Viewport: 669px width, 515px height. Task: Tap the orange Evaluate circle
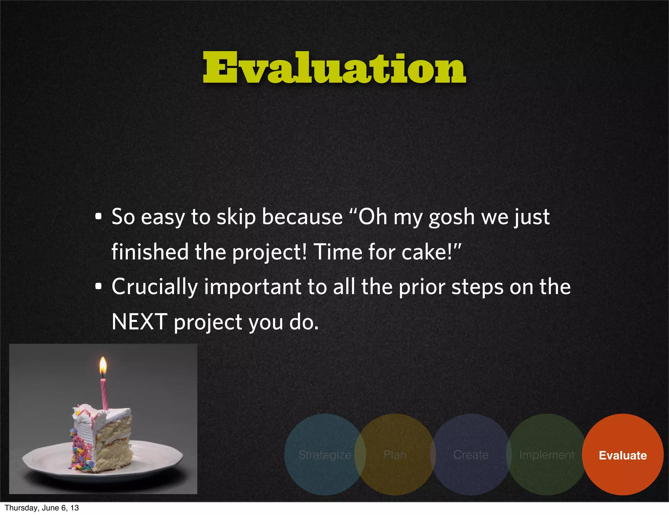(x=623, y=455)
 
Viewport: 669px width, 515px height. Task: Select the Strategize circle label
(x=325, y=455)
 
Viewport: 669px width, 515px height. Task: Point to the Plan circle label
(x=395, y=455)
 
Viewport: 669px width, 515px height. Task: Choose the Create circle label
(x=471, y=455)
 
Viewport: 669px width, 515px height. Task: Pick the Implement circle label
(x=547, y=455)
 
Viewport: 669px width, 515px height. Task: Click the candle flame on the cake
(x=103, y=366)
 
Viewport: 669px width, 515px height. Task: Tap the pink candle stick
(x=104, y=394)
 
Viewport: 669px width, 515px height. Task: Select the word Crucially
(x=155, y=287)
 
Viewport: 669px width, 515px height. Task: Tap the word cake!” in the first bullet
(x=431, y=252)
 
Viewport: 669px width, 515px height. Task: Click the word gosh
(x=451, y=217)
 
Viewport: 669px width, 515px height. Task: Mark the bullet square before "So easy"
(x=98, y=217)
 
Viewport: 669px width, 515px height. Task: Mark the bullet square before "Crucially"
(x=98, y=287)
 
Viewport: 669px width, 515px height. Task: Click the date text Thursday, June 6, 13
(x=42, y=508)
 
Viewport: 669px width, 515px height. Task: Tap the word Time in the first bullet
(x=338, y=252)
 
